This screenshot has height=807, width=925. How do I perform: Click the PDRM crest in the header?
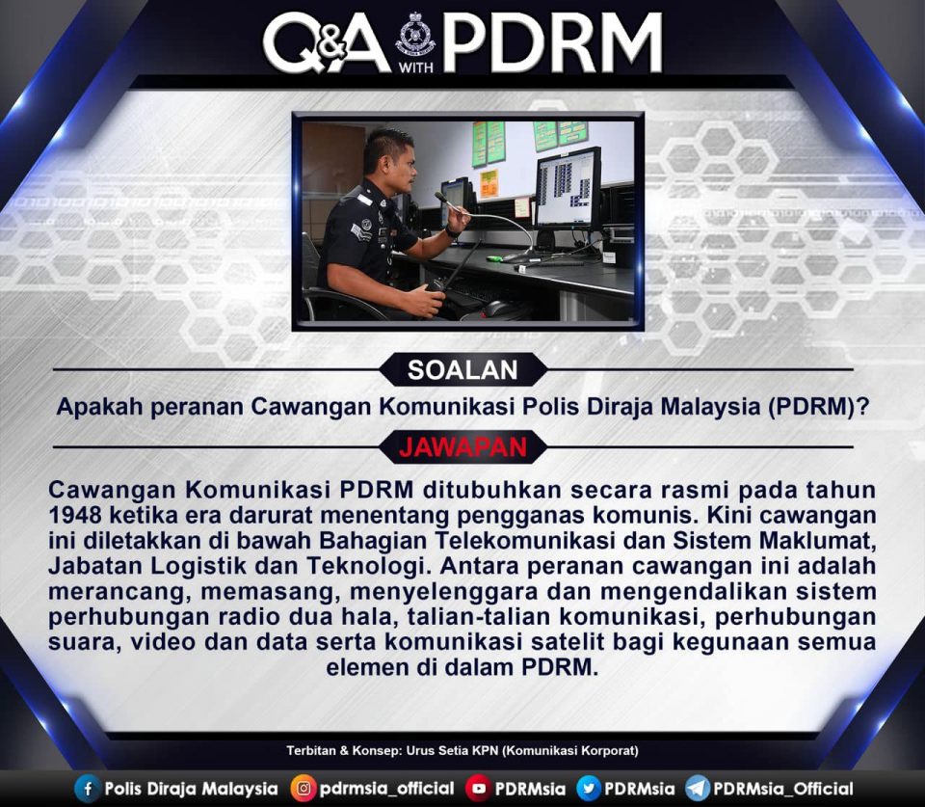pos(416,35)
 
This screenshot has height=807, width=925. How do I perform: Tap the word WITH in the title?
pos(416,67)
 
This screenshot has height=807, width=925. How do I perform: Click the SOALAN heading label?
pos(462,370)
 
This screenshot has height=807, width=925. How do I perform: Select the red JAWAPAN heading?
pos(462,447)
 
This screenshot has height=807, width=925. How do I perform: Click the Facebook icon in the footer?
pos(88,789)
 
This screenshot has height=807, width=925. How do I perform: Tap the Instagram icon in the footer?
pos(304,789)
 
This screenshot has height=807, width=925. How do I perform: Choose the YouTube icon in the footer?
pos(479,789)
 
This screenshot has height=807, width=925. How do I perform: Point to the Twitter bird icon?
pos(588,789)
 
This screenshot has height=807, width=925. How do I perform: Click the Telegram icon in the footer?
pos(698,789)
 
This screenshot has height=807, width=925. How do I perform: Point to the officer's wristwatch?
pos(451,232)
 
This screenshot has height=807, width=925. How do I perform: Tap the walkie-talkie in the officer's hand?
pos(448,272)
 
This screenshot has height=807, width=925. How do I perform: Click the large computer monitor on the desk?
pos(567,189)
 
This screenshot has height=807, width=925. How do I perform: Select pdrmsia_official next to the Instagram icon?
pos(387,789)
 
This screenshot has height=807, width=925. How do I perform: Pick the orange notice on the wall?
pos(489,183)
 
